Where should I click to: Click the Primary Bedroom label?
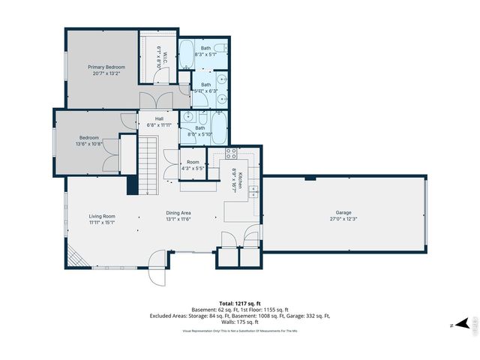pos(104,67)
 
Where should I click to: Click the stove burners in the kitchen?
pos(232,155)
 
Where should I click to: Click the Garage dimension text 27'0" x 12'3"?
pos(343,219)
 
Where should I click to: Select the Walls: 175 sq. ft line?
pos(239,322)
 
